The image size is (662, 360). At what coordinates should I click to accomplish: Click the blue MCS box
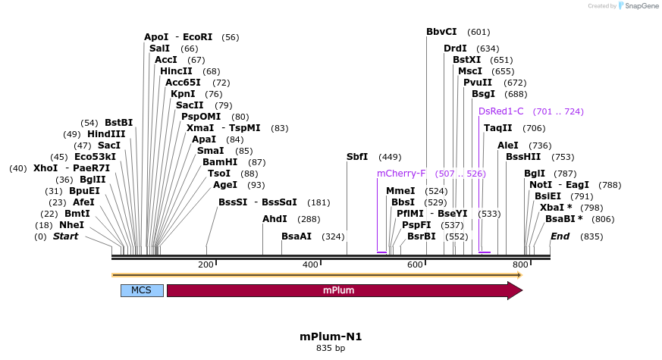pyautogui.click(x=142, y=290)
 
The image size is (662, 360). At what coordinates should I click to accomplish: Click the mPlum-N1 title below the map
pyautogui.click(x=331, y=337)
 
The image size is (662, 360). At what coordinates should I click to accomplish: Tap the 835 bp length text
pyautogui.click(x=331, y=349)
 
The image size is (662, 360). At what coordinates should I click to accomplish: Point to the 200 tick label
pyautogui.click(x=206, y=265)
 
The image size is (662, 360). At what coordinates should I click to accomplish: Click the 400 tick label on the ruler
pyautogui.click(x=310, y=265)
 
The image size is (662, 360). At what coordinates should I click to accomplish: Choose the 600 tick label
pyautogui.click(x=415, y=265)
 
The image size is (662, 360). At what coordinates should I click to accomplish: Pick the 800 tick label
pyautogui.click(x=519, y=265)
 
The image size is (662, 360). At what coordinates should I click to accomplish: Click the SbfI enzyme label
pyautogui.click(x=357, y=157)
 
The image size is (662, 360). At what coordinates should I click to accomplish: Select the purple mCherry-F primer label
pyautogui.click(x=401, y=174)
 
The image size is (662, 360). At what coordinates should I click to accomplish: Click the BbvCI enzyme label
pyautogui.click(x=441, y=32)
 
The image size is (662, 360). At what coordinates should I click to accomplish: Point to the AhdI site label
pyautogui.click(x=274, y=219)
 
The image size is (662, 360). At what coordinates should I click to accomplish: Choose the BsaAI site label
pyautogui.click(x=296, y=236)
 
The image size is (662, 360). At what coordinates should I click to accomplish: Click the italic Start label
pyautogui.click(x=65, y=236)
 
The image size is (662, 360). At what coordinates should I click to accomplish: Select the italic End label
pyautogui.click(x=560, y=236)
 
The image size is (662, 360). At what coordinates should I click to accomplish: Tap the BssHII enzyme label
pyautogui.click(x=523, y=157)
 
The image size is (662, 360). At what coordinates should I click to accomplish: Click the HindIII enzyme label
pyautogui.click(x=106, y=134)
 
